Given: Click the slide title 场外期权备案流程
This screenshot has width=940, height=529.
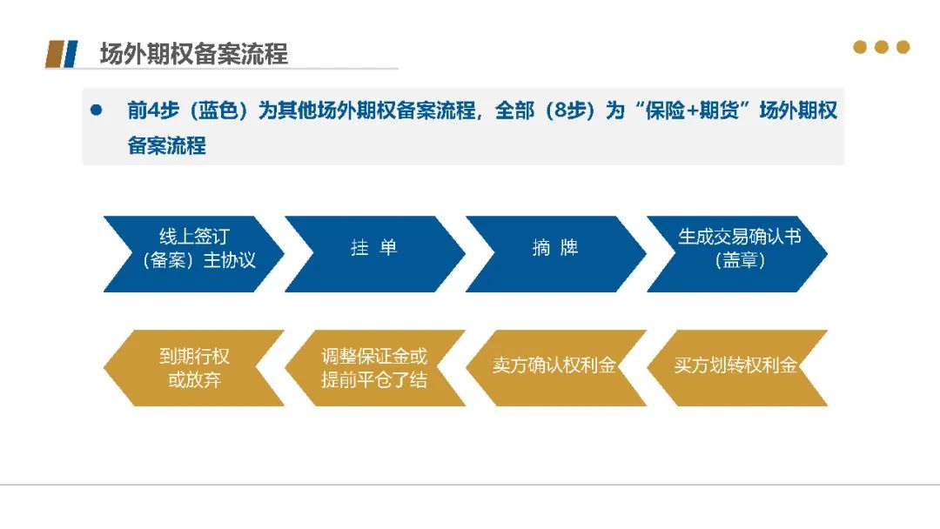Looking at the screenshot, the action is (193, 54).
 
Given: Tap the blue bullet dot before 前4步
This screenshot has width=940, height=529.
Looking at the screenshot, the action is (96, 110).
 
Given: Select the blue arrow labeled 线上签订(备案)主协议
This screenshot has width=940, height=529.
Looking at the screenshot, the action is (193, 254).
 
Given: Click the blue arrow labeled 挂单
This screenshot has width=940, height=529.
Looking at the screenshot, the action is (374, 254).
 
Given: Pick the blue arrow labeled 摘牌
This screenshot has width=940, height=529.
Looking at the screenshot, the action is (555, 254).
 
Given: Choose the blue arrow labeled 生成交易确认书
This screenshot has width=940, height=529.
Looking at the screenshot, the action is (737, 254).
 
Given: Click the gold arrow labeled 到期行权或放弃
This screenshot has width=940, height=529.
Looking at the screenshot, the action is (193, 368).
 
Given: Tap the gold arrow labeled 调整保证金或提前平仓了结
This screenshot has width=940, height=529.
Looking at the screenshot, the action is (374, 368).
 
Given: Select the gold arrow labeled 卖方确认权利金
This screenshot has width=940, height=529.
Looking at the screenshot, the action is (555, 368).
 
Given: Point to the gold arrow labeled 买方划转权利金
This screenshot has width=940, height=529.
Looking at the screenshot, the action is (737, 368).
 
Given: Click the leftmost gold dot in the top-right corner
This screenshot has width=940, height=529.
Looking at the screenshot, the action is (860, 47).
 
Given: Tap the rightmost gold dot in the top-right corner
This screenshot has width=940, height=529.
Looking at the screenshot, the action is (903, 47).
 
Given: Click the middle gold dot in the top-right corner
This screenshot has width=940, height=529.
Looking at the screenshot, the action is (881, 47).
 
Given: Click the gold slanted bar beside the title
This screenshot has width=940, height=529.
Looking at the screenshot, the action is (55, 54).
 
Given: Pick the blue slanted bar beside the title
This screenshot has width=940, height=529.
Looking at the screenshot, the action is (70, 54).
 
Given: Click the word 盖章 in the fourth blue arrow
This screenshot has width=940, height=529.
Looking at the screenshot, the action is (741, 261).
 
